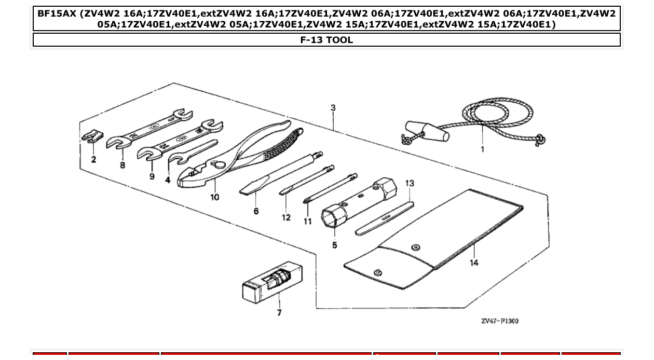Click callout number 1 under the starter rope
(482, 149)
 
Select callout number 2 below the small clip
(93, 159)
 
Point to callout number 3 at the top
(333, 108)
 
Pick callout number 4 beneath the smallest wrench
(168, 180)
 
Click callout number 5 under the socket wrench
(334, 245)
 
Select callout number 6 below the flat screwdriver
(256, 211)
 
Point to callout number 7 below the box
(279, 313)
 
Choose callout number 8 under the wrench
(122, 165)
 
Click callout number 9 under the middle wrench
(152, 176)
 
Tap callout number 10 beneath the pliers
(214, 197)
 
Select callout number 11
(308, 221)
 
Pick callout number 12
(286, 217)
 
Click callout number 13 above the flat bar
(410, 183)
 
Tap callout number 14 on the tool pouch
(474, 262)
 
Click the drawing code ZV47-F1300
(499, 321)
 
